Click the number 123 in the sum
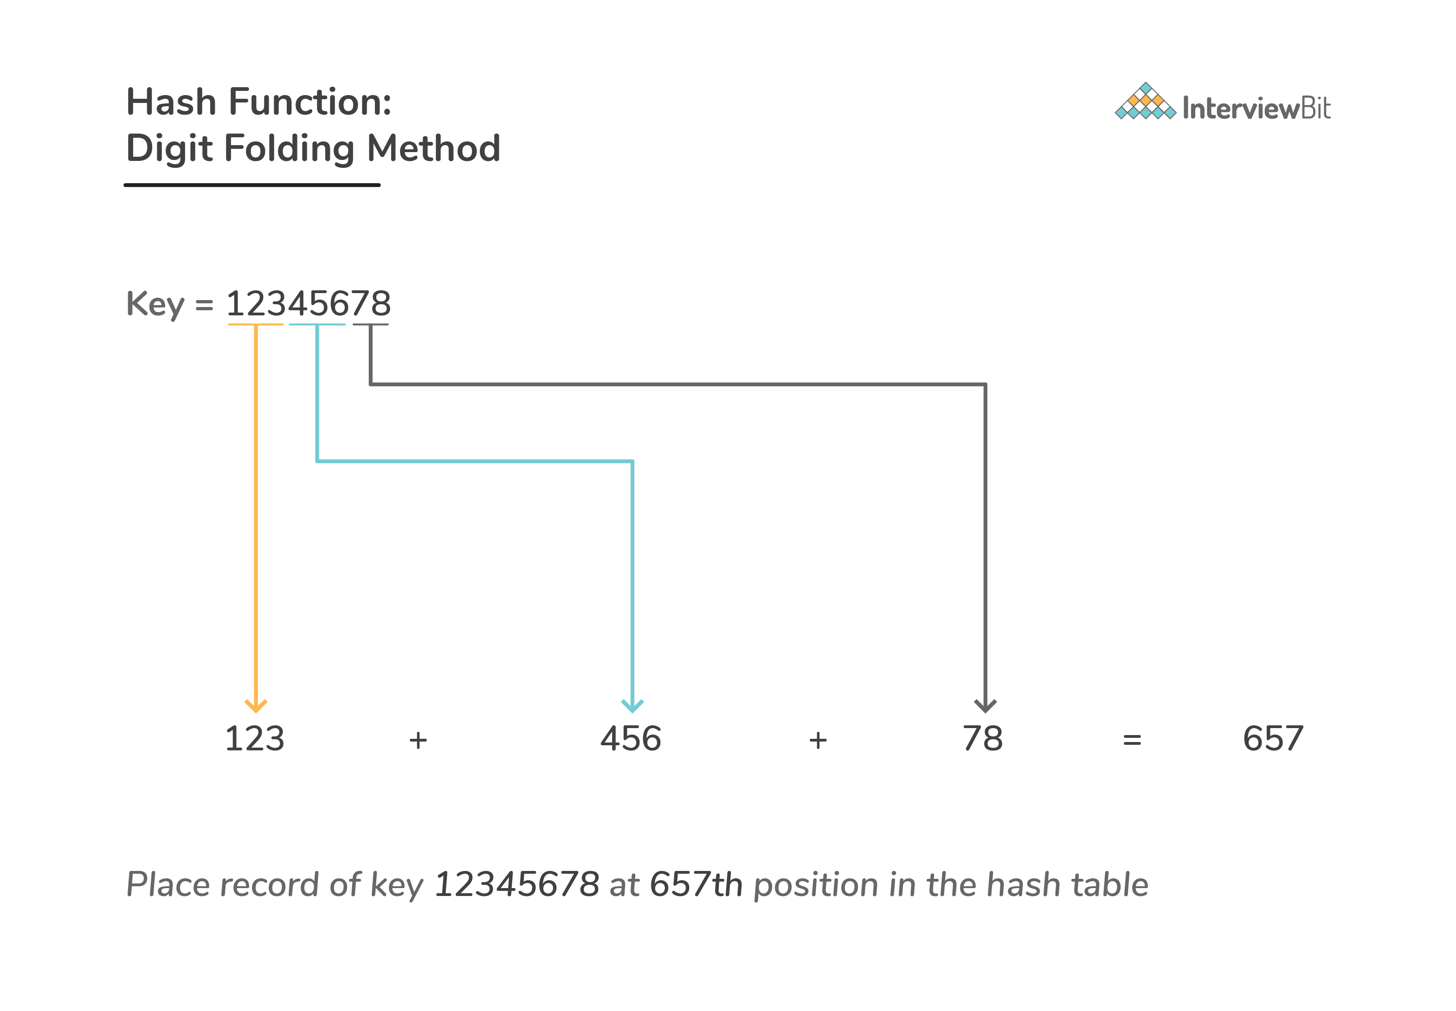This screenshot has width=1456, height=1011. click(x=255, y=739)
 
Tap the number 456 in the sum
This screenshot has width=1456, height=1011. click(x=631, y=739)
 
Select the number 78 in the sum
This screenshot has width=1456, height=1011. click(x=983, y=739)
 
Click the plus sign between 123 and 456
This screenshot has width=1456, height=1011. click(x=418, y=740)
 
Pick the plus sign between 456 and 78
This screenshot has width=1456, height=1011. click(x=818, y=740)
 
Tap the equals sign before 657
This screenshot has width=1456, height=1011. click(x=1132, y=740)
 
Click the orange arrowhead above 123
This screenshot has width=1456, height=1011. click(x=256, y=705)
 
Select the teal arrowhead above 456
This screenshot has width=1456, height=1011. click(x=632, y=705)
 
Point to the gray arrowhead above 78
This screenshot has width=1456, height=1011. click(x=985, y=705)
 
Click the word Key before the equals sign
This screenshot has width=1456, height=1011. click(x=155, y=304)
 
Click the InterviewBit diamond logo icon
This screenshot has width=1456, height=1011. click(x=1146, y=102)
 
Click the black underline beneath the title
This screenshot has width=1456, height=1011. click(x=252, y=185)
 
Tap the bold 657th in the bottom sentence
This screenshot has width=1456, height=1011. click(x=696, y=884)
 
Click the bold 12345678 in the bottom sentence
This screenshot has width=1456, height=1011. click(x=517, y=884)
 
